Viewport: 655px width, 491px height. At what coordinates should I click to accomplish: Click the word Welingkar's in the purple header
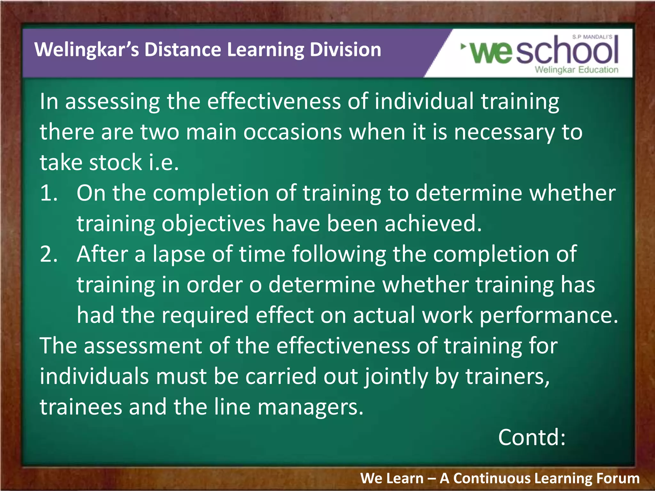point(86,50)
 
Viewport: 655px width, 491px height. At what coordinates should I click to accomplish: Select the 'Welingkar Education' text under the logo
point(576,70)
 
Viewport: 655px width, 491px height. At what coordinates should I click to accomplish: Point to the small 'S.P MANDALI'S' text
point(592,37)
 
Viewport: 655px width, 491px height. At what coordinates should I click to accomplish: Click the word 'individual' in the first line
point(424,102)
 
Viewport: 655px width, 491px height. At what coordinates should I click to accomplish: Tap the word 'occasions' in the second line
point(293,132)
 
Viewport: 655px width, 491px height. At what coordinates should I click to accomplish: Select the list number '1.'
point(49,193)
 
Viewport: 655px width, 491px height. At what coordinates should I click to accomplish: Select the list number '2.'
point(49,254)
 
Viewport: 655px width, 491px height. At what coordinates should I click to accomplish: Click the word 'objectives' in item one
point(213,224)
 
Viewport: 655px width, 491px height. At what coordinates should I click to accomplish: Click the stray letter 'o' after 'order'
point(255,285)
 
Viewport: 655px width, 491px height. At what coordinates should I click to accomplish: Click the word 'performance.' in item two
point(549,315)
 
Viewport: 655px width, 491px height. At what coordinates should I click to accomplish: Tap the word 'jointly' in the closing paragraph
point(396,377)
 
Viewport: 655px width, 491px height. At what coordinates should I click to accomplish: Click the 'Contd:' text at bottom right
point(532,437)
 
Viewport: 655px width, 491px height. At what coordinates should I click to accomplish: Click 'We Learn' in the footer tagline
point(392,479)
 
